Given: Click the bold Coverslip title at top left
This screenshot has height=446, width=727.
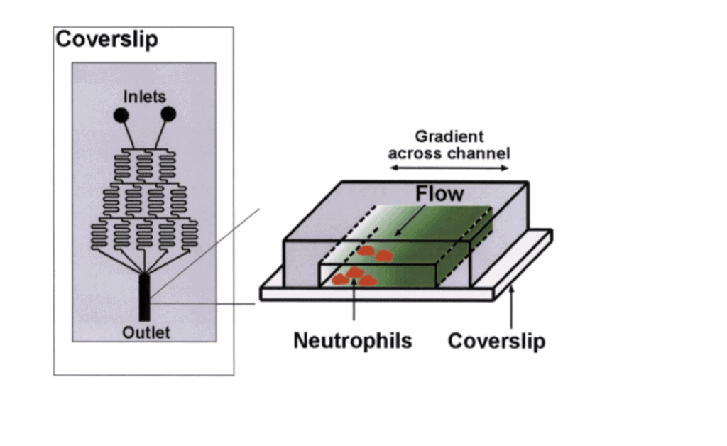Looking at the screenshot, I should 106,39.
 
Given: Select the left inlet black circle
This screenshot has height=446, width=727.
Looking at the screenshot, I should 121,114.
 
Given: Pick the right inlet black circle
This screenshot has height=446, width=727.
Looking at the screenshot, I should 168,114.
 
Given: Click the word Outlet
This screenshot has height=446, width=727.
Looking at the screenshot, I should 146,332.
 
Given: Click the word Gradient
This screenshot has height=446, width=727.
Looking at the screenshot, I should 449,136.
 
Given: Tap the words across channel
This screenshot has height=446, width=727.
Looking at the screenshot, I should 449,153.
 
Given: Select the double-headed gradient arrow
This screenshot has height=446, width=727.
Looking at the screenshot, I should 449,168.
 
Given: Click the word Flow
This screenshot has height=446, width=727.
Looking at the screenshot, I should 439,193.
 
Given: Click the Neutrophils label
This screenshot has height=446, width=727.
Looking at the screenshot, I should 353,341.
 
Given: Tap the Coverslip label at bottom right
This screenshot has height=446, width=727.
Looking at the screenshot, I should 497,342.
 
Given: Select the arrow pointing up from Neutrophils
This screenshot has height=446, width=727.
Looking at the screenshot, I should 354,309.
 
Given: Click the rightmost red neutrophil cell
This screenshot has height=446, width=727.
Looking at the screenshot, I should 385,256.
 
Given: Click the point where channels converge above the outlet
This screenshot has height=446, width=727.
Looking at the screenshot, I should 144,273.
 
